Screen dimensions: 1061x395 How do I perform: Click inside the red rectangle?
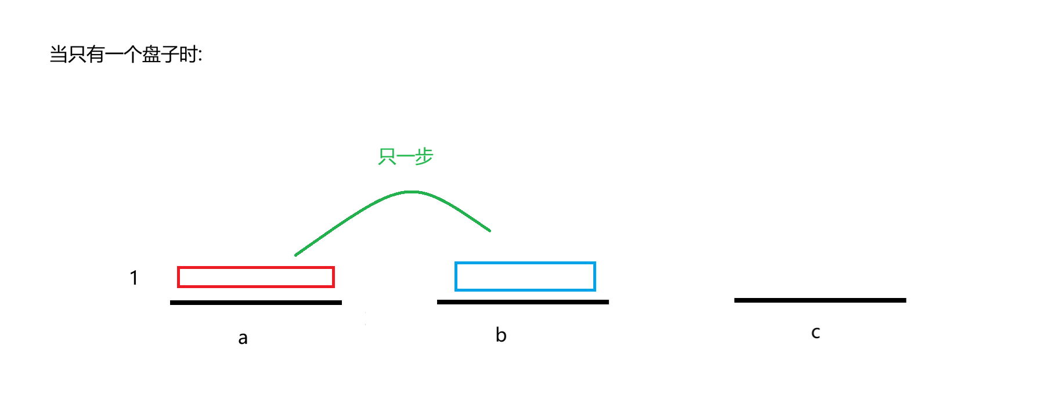(x=256, y=277)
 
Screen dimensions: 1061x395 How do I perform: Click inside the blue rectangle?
(x=526, y=276)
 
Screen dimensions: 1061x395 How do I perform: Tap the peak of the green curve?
(x=411, y=192)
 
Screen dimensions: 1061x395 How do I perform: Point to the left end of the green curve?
(x=296, y=255)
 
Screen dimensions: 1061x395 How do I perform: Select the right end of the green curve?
(x=490, y=231)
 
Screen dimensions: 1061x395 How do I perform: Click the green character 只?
(x=387, y=156)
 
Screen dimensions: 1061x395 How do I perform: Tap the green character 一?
(x=406, y=156)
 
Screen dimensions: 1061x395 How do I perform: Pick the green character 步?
(x=424, y=156)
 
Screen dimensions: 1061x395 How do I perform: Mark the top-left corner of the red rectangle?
(x=178, y=267)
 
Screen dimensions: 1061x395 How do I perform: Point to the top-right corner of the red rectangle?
(x=334, y=267)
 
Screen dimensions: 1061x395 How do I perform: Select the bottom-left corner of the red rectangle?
(x=178, y=286)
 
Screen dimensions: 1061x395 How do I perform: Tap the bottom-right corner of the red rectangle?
(x=334, y=286)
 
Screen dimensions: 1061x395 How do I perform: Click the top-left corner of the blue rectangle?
(x=456, y=263)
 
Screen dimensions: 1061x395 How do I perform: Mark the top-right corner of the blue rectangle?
(x=596, y=263)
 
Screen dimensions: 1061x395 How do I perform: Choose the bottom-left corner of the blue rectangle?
(x=456, y=289)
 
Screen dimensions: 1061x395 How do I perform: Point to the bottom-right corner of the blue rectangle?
(x=596, y=289)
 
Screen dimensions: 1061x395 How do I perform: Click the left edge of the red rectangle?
(x=179, y=277)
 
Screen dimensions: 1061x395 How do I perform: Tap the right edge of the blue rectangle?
(x=596, y=276)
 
